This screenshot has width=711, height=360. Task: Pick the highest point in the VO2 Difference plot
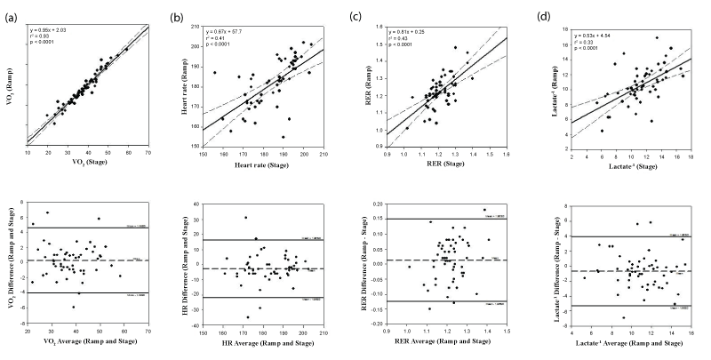point(47,212)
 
